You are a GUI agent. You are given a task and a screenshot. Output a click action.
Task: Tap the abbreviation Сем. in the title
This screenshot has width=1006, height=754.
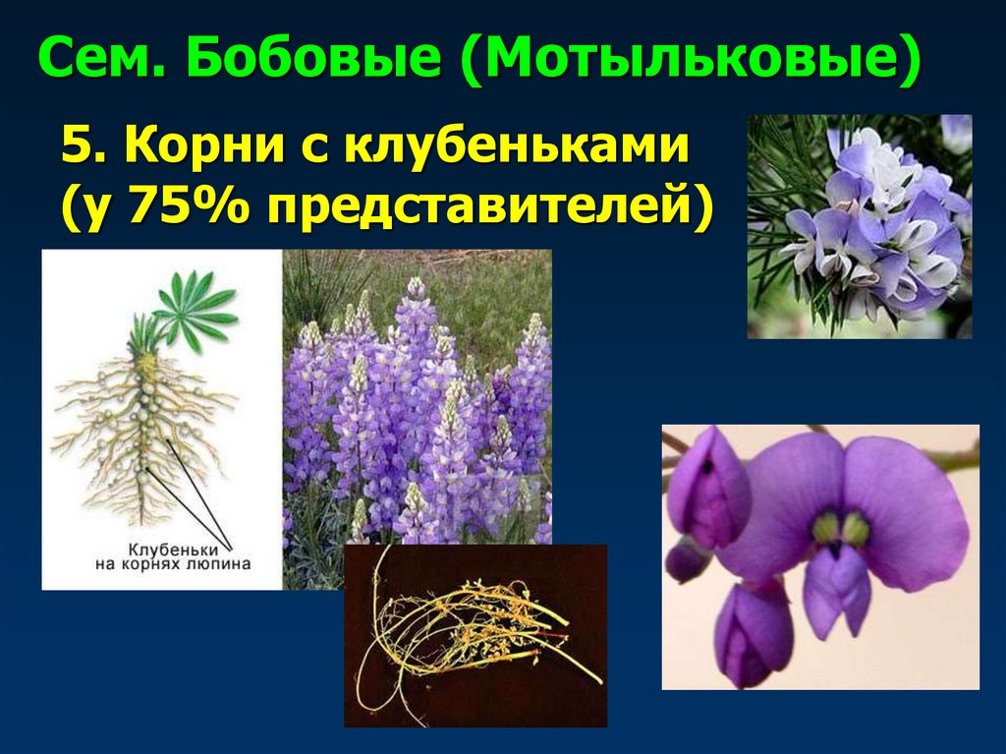pos(106,62)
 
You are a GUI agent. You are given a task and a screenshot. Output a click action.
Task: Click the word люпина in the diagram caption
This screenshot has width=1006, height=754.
pos(221,564)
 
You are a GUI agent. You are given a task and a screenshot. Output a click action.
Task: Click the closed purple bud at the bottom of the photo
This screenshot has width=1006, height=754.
pos(752,634)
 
